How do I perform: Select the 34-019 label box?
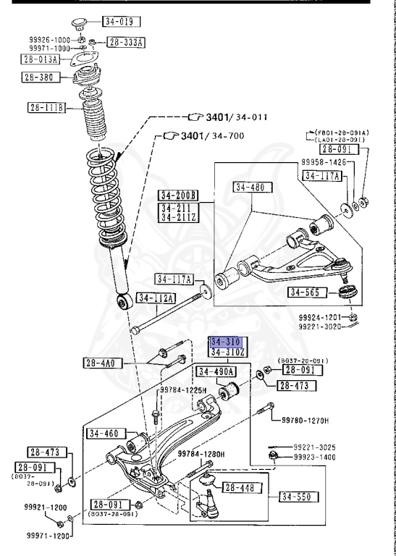point(120,22)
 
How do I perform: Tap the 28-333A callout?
point(127,43)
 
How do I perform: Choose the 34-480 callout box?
point(250,188)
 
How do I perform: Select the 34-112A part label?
point(156,298)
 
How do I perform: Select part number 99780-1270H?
point(305,420)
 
